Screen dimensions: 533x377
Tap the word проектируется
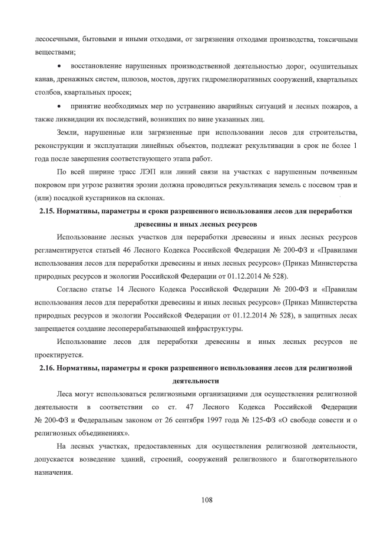tap(60, 355)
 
